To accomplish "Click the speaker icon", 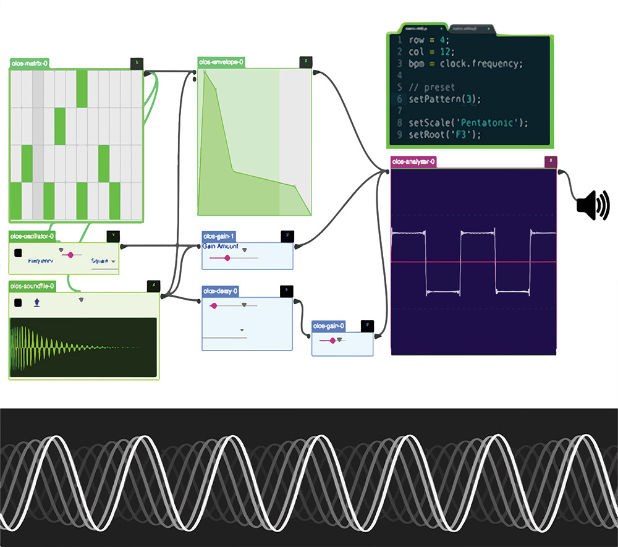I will (592, 205).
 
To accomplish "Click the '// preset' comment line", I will (431, 87).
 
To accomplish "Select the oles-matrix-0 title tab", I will (30, 63).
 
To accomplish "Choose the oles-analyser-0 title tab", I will (413, 161).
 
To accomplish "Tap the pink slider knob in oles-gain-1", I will (227, 258).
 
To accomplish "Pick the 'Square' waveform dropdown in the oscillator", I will (103, 261).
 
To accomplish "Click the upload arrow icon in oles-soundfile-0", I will (37, 302).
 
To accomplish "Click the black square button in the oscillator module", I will (19, 252).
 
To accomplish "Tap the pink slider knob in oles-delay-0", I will (214, 305).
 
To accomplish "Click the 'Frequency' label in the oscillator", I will (41, 261).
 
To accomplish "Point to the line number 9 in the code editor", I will (400, 134).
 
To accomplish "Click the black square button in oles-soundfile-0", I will (18, 302).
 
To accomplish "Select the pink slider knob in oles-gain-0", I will (332, 341).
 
